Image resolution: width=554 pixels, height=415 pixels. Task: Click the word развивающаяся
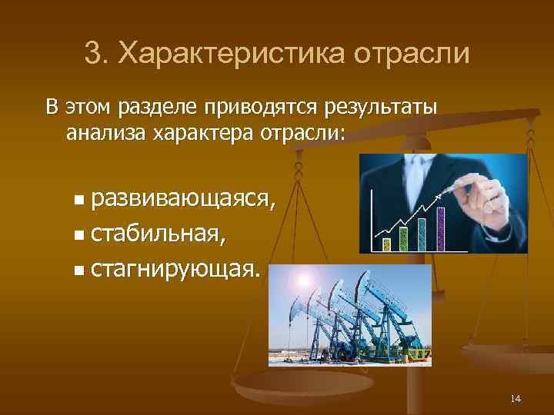pos(181,200)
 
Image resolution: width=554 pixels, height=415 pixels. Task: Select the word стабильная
pos(157,234)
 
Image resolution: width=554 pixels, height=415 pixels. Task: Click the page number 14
pos(516,398)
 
